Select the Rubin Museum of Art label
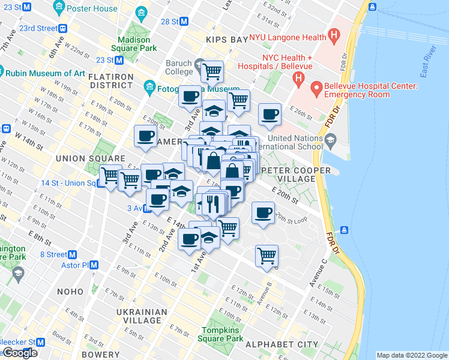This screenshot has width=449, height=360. coord(46,73)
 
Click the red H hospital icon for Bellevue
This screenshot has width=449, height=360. coord(297,79)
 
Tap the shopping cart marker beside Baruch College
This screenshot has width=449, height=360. coord(212,71)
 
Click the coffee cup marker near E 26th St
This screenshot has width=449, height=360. coord(270,114)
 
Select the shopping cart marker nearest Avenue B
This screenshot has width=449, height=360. coord(267,256)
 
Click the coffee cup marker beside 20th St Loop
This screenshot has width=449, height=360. coord(262,213)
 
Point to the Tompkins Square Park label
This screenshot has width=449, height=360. coord(221,334)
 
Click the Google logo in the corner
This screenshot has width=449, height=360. coord(19,353)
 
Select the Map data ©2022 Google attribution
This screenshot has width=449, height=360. coord(412,355)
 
